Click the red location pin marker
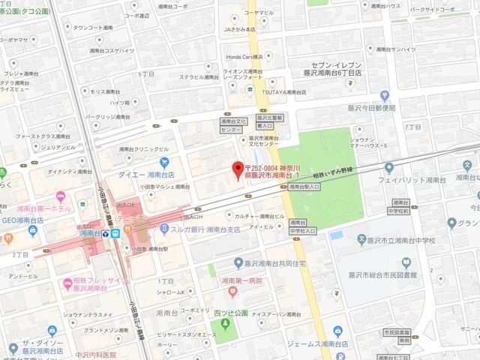238,168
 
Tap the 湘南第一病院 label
242,280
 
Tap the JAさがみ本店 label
240,29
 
